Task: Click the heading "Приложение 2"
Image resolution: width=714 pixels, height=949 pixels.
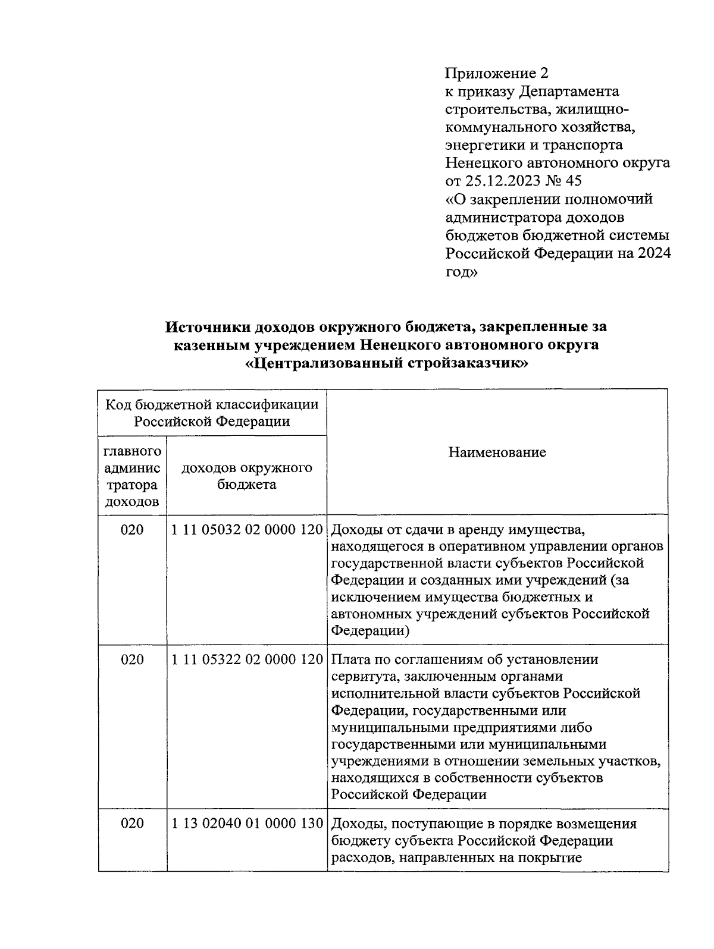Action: point(496,73)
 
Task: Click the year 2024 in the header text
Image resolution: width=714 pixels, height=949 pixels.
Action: point(654,253)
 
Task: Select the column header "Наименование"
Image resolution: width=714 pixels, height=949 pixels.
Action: point(497,452)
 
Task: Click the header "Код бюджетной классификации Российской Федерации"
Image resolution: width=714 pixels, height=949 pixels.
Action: point(212,413)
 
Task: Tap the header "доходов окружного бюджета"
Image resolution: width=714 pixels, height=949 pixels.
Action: point(246,476)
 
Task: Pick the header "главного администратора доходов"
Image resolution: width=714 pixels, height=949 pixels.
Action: point(132,476)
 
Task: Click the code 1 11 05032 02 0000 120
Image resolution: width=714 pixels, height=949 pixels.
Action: point(246,529)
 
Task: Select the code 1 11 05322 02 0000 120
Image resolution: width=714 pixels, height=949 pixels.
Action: point(246,659)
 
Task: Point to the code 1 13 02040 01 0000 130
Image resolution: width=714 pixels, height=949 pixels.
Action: point(246,824)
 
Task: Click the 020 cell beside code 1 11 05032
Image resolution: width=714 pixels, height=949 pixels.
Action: point(132,529)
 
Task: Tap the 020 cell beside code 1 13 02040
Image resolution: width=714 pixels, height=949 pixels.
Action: point(132,824)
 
